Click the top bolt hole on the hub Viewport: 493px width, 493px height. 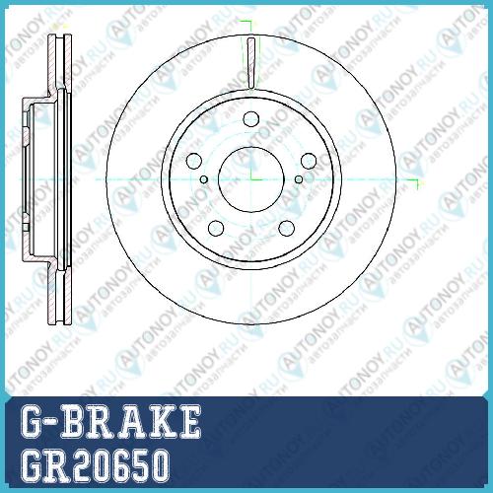point(251,119)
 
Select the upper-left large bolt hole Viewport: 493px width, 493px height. point(193,161)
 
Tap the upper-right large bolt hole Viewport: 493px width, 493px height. point(309,161)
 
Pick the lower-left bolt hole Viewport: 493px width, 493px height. point(216,229)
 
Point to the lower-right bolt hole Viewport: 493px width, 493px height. point(287,229)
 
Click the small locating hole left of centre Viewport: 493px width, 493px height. point(204,179)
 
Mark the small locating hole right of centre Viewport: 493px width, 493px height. point(299,179)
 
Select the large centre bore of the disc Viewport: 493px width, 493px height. point(251,179)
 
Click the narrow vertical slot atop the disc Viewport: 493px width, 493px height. point(251,63)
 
